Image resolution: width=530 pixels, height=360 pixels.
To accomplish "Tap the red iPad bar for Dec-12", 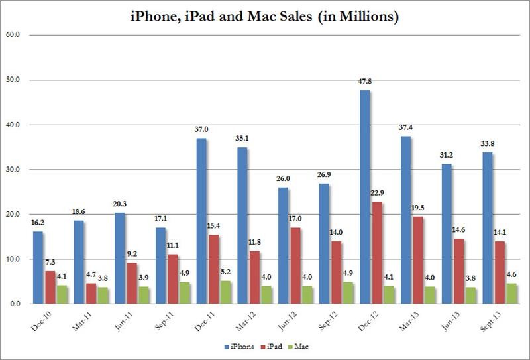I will (378, 253).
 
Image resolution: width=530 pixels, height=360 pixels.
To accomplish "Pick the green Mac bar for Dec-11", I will (209, 292).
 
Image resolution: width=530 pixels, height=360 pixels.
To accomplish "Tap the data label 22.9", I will (378, 194).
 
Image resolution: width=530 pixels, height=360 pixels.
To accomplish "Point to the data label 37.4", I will (406, 128).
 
